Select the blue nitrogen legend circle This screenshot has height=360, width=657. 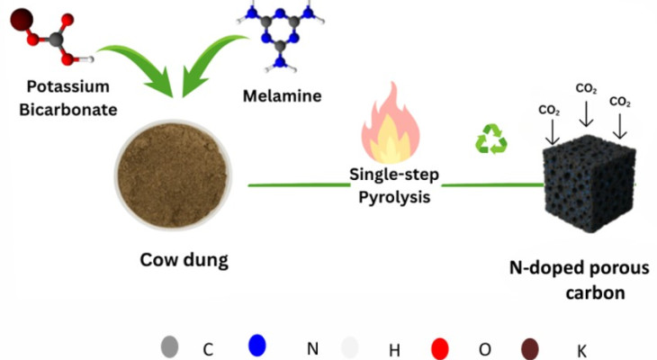[256, 345]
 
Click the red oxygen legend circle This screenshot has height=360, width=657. [439, 346]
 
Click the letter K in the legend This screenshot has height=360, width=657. [580, 349]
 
